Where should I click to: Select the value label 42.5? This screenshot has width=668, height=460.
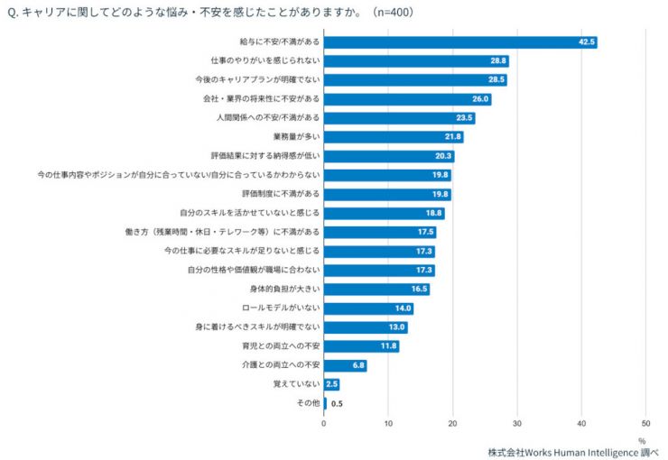[586, 42]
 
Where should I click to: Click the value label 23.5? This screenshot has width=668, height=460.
[464, 118]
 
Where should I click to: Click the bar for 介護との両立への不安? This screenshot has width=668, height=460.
[345, 365]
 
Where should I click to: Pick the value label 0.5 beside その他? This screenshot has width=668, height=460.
[337, 403]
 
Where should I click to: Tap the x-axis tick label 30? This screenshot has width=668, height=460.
[517, 422]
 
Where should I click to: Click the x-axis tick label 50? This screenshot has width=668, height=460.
[645, 422]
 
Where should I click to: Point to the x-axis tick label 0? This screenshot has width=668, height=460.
[324, 422]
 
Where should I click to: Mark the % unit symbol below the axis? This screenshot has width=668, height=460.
[642, 440]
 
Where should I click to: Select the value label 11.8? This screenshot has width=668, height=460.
[388, 346]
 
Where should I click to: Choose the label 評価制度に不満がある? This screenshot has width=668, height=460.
[281, 194]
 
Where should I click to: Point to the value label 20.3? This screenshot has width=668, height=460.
[443, 156]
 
